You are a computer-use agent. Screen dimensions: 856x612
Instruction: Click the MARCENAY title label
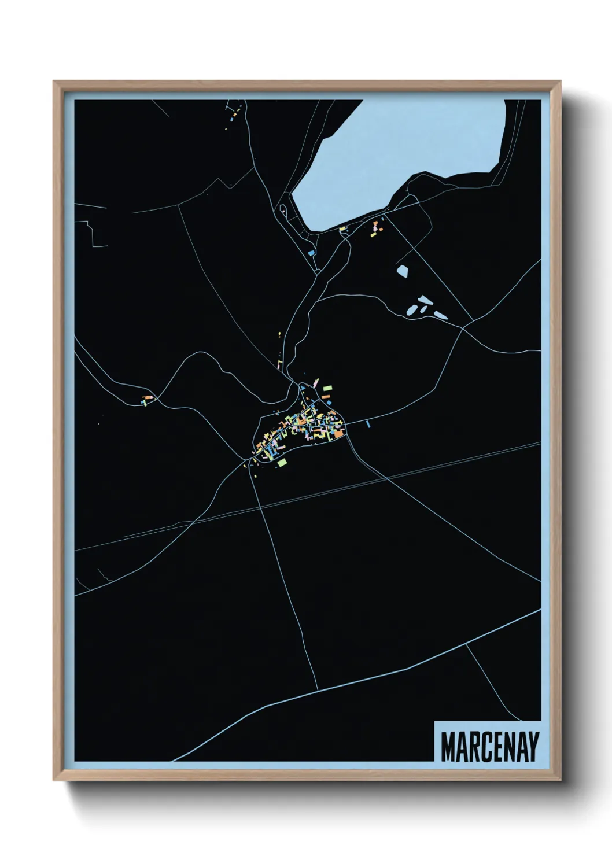click(489, 747)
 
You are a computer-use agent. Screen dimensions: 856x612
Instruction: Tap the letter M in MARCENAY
click(449, 747)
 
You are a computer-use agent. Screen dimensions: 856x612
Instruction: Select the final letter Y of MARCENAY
click(533, 747)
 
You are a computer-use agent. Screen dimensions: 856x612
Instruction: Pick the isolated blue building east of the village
click(368, 425)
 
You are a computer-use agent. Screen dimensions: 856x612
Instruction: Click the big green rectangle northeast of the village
click(327, 388)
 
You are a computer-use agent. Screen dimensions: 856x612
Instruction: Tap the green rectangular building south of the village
click(282, 462)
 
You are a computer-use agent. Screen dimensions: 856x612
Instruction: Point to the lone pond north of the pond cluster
click(402, 270)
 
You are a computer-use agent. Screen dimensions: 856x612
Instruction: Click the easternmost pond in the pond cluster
click(441, 315)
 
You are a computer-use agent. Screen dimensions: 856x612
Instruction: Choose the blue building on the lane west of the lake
click(311, 253)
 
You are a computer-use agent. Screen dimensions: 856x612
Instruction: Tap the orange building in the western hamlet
click(148, 398)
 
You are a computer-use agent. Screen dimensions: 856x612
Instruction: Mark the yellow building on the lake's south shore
click(342, 230)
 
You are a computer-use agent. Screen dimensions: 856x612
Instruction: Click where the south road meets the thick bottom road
click(318, 691)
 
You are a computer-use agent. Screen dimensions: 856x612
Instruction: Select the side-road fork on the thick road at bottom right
click(466, 644)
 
